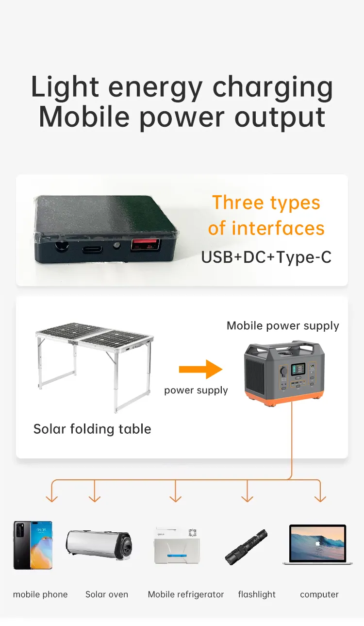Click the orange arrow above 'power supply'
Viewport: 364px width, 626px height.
(x=200, y=370)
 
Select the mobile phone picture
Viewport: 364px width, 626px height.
(x=33, y=545)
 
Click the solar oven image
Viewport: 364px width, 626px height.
(x=99, y=544)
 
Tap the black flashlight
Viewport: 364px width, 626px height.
(x=247, y=547)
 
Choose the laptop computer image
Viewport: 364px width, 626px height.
(x=317, y=544)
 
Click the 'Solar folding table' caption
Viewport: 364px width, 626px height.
(x=92, y=429)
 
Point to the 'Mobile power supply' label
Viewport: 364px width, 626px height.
(x=283, y=326)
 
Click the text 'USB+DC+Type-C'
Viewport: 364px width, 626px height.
(x=266, y=257)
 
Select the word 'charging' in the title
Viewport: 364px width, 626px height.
(x=273, y=88)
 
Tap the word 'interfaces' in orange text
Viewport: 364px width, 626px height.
(x=278, y=228)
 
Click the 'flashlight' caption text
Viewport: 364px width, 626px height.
(x=257, y=594)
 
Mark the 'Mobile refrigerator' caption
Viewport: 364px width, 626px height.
(x=186, y=594)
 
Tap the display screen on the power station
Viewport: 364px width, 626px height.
(x=298, y=369)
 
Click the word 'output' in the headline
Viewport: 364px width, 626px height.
(x=280, y=117)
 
